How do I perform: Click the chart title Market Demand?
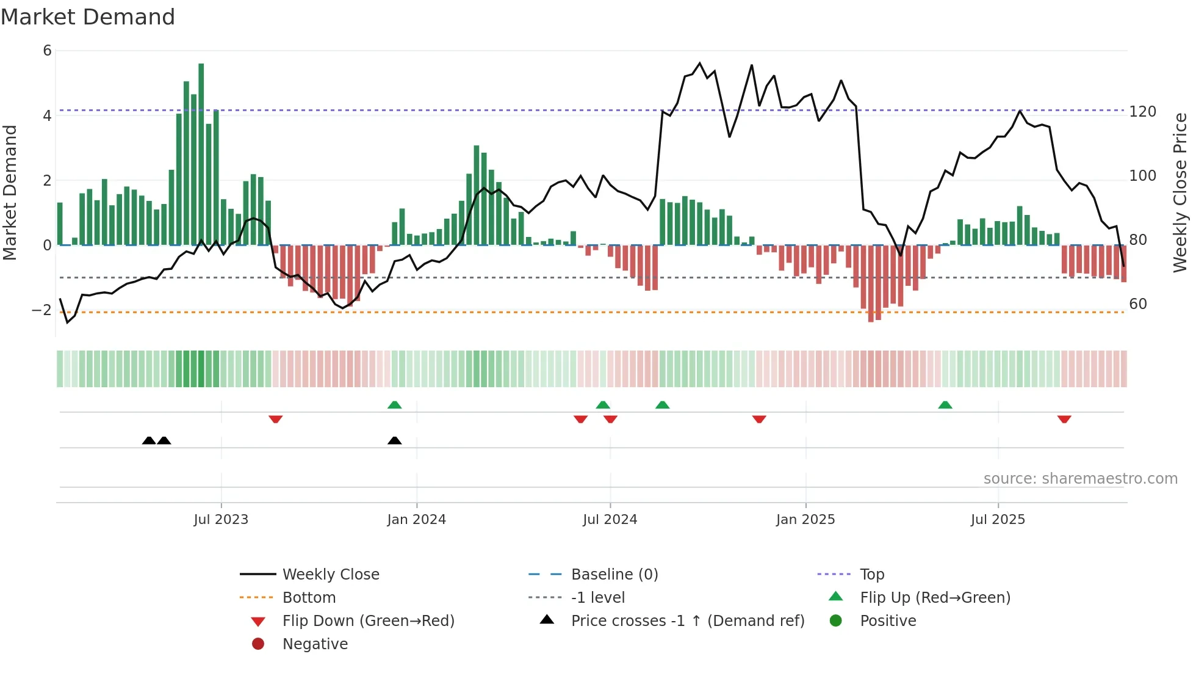coord(88,17)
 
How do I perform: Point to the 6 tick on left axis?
coord(48,51)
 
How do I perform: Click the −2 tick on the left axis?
coord(41,310)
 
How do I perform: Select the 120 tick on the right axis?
coord(1142,112)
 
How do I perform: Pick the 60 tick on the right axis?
coord(1138,304)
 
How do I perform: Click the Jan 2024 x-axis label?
coord(416,520)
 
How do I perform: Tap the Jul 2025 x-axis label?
coord(998,520)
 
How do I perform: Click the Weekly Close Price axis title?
coord(1180,192)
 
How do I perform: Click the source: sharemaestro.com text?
coord(1080,479)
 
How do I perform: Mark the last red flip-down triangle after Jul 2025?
coord(1064,419)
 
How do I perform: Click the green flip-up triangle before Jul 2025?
coord(945,405)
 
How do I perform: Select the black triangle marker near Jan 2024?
coord(395,440)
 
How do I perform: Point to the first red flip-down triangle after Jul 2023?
coord(275,419)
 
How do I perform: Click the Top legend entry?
coord(872,575)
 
